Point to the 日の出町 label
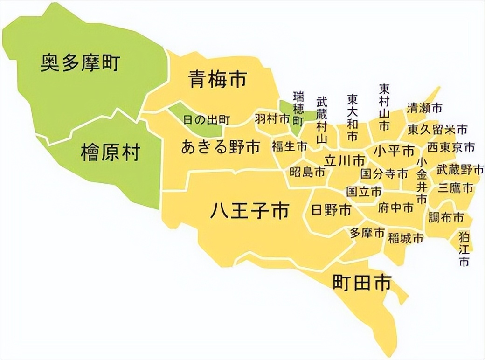point(206,120)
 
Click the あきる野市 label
point(220,147)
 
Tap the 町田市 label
point(361,283)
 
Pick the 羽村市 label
point(272,119)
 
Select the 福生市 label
point(290,146)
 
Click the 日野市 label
point(331,210)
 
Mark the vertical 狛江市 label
point(464,249)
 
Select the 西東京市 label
point(451,147)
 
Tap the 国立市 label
point(364,191)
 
